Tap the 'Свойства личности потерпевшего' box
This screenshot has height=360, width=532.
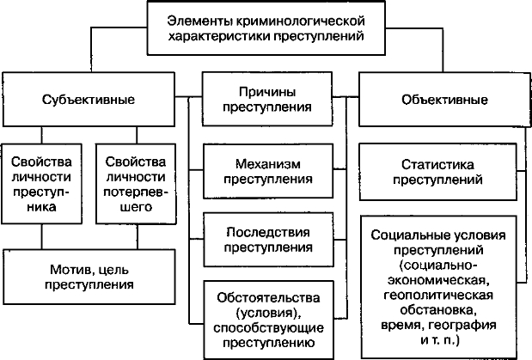(131, 183)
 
